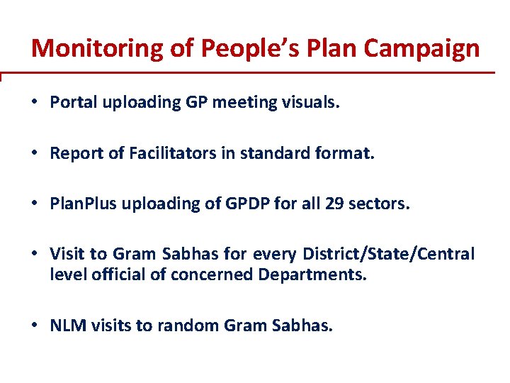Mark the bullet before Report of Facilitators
35,153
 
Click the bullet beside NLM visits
35,326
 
